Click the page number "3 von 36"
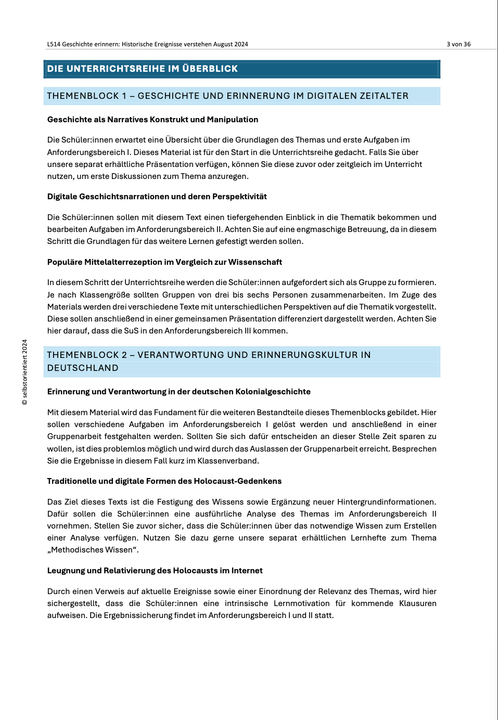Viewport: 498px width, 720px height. coord(458,44)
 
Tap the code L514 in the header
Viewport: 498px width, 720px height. coord(54,44)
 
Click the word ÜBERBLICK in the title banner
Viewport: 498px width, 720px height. coord(210,69)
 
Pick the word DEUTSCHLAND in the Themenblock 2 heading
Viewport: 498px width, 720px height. coord(83,368)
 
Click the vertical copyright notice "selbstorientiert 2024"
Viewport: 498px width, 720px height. coord(24,372)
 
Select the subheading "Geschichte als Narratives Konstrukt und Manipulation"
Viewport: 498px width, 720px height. coord(152,120)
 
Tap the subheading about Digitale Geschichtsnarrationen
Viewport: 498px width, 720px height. coord(157,197)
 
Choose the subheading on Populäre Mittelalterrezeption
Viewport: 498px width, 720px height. coord(164,262)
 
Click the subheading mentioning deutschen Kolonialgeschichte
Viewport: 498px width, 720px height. coord(178,392)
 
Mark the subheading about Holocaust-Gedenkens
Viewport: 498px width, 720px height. coord(164,481)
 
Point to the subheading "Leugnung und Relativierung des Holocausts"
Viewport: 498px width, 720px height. coord(155,571)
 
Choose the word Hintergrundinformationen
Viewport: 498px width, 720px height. coord(386,502)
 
